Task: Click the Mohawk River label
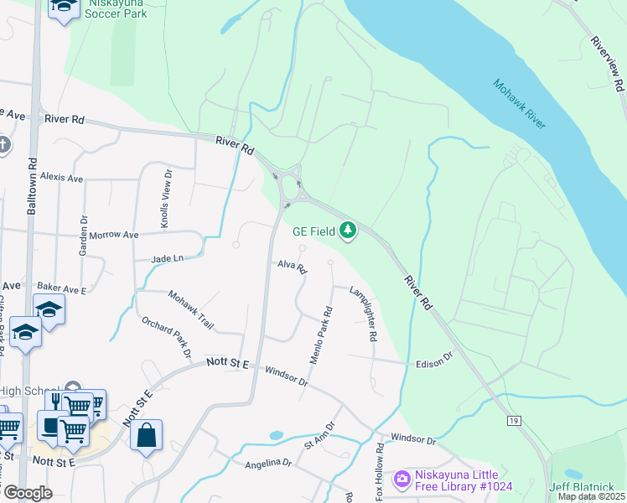pos(519,103)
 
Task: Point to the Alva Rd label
pos(293,267)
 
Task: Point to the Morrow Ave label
pos(113,236)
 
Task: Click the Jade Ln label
pos(167,260)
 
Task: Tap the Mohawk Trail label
pos(190,309)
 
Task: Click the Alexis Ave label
pos(61,178)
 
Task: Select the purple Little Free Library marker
pos(402,478)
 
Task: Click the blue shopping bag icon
pos(146,436)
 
